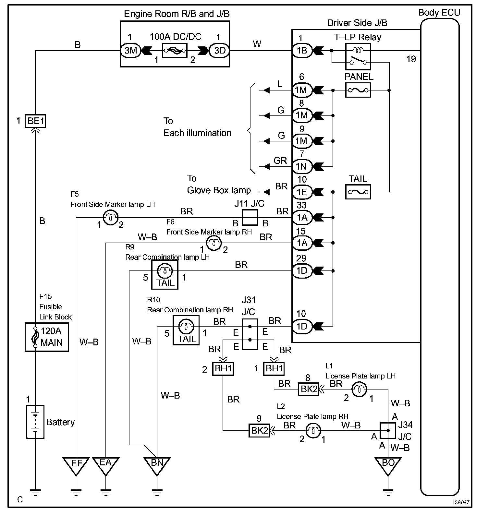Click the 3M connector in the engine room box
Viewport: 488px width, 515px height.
tap(130, 50)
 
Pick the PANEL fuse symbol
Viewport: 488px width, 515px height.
tap(358, 90)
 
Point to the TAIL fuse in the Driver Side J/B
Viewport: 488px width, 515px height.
tap(358, 192)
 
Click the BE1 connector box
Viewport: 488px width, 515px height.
tap(35, 121)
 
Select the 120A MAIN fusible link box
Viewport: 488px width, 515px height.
tap(47, 337)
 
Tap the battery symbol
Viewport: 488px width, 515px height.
tap(35, 422)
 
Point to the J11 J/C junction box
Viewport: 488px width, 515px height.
tap(250, 217)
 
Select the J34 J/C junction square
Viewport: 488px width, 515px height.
tap(388, 431)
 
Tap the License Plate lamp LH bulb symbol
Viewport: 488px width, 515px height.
tap(359, 389)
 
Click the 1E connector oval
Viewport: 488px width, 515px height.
tap(302, 192)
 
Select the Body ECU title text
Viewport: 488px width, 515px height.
tap(439, 13)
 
